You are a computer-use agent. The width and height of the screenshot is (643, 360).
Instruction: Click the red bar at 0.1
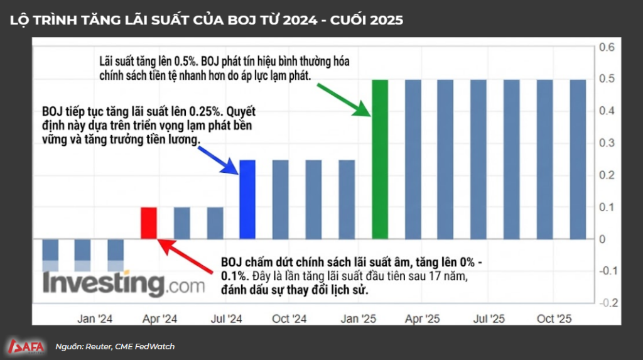tap(149, 222)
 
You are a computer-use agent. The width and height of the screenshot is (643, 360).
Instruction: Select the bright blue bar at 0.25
tap(247, 199)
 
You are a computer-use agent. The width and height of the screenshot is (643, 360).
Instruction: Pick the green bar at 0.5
tap(381, 159)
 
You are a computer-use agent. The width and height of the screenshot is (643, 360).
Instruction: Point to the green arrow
tap(342, 98)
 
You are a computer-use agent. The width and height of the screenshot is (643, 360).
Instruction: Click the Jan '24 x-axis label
tap(94, 319)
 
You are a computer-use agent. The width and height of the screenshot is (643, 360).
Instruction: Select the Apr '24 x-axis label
tap(160, 319)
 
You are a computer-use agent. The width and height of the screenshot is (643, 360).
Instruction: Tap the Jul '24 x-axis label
tap(225, 319)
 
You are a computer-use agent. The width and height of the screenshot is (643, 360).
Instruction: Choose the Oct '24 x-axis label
tap(290, 319)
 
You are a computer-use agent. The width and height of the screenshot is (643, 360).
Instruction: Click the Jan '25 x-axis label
tap(357, 319)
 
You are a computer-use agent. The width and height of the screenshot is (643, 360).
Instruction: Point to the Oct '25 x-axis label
tap(554, 319)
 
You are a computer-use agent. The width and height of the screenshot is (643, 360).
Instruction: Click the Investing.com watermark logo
tap(123, 284)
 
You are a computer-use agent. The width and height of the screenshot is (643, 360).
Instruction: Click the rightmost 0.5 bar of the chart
tap(578, 159)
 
